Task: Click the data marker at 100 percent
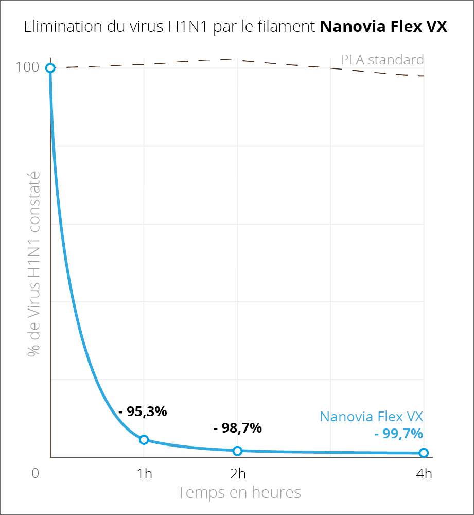coord(50,68)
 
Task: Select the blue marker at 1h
coord(144,439)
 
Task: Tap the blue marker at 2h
coord(237,451)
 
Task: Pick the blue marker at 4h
coord(424,453)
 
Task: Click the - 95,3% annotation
coord(143,411)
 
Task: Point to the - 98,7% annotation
coord(237,427)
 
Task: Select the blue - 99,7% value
coord(398,434)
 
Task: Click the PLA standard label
coord(382,60)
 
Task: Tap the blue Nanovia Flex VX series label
coord(371,416)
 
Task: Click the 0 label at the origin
coord(35,473)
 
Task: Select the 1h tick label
coord(144,473)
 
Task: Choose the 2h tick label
coord(237,473)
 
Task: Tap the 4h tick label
coord(424,473)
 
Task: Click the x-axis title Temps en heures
coord(239,492)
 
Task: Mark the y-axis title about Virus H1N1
coord(34,264)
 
